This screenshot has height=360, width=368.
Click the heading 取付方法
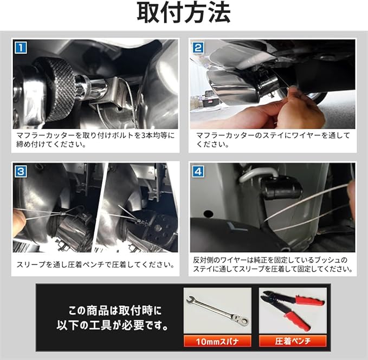click(x=184, y=12)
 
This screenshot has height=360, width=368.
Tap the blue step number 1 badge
click(x=21, y=48)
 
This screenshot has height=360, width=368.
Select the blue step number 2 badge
click(x=198, y=48)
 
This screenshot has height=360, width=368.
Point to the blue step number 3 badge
click(x=21, y=171)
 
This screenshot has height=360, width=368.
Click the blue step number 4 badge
click(x=198, y=171)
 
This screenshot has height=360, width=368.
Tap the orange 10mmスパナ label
click(x=217, y=341)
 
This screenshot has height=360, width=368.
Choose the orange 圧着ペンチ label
click(x=293, y=341)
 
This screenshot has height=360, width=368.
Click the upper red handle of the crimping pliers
click(x=310, y=300)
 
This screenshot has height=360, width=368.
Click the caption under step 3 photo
click(x=95, y=265)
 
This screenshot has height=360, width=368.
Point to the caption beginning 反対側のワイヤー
click(x=273, y=264)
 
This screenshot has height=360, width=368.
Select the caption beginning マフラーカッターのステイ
click(x=273, y=140)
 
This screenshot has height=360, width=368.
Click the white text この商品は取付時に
click(x=115, y=311)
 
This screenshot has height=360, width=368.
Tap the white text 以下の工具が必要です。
click(x=113, y=325)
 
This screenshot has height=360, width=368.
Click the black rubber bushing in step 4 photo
click(x=281, y=188)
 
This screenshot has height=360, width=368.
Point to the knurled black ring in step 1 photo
click(x=59, y=88)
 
